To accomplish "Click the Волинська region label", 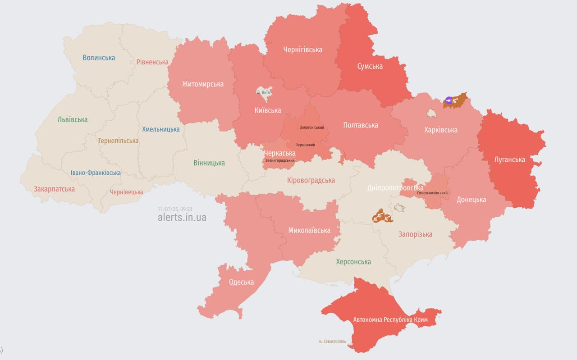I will pyautogui.click(x=99, y=58).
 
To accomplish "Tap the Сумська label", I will pyautogui.click(x=370, y=66).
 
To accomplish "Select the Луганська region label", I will pyautogui.click(x=509, y=159).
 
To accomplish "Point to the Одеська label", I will pyautogui.click(x=241, y=282).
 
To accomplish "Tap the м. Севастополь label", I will pyautogui.click(x=332, y=341).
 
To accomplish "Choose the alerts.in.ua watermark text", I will pyautogui.click(x=182, y=217).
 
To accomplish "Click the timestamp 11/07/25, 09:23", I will pyautogui.click(x=175, y=209).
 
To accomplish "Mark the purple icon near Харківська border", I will pyautogui.click(x=448, y=100).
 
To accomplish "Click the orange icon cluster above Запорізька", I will pyautogui.click(x=381, y=216).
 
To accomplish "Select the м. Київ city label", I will pyautogui.click(x=263, y=92).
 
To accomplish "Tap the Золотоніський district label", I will pyautogui.click(x=311, y=128).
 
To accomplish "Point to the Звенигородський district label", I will pyautogui.click(x=280, y=160).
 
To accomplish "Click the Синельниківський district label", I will pyautogui.click(x=432, y=193).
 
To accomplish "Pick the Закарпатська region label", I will pyautogui.click(x=54, y=189).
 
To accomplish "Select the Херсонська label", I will pyautogui.click(x=353, y=261).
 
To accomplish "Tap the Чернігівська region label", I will pyautogui.click(x=302, y=50).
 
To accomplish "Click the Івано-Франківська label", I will pyautogui.click(x=96, y=173).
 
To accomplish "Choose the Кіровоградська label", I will pyautogui.click(x=311, y=180).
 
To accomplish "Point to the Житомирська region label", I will pyautogui.click(x=202, y=84).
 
